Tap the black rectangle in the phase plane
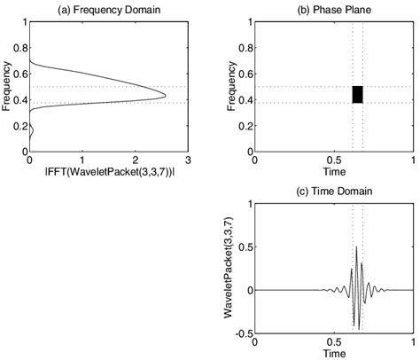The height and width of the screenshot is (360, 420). (x=358, y=95)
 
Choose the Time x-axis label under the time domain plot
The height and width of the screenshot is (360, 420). (x=333, y=352)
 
